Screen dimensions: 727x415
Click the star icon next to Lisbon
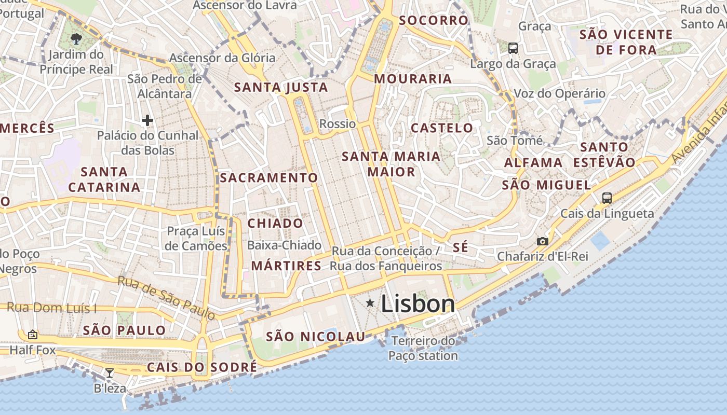coord(370,302)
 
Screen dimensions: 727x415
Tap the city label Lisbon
coord(418,304)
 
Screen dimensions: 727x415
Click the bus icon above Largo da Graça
coord(513,48)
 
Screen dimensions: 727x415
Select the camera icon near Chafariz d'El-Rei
coord(542,241)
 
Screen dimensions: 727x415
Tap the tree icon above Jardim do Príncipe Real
coord(76,38)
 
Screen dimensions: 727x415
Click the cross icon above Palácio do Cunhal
coord(147,120)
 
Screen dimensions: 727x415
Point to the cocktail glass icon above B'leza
coord(110,372)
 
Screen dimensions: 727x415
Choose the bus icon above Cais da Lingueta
coord(607,198)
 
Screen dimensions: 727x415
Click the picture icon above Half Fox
coord(33,335)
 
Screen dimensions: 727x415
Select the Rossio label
coord(338,124)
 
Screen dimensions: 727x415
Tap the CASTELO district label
coord(442,128)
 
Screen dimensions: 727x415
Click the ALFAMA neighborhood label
coord(533,163)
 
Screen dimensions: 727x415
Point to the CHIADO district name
coord(275,224)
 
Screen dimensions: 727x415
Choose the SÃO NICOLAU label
coord(316,337)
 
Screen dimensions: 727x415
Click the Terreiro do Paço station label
coord(423,348)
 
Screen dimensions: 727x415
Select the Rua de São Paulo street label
coord(166,298)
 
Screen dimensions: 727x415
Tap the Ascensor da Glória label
coord(222,58)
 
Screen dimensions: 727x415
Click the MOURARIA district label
coord(413,79)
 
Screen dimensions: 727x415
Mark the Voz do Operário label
coord(559,94)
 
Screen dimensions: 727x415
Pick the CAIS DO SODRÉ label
coord(202,367)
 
